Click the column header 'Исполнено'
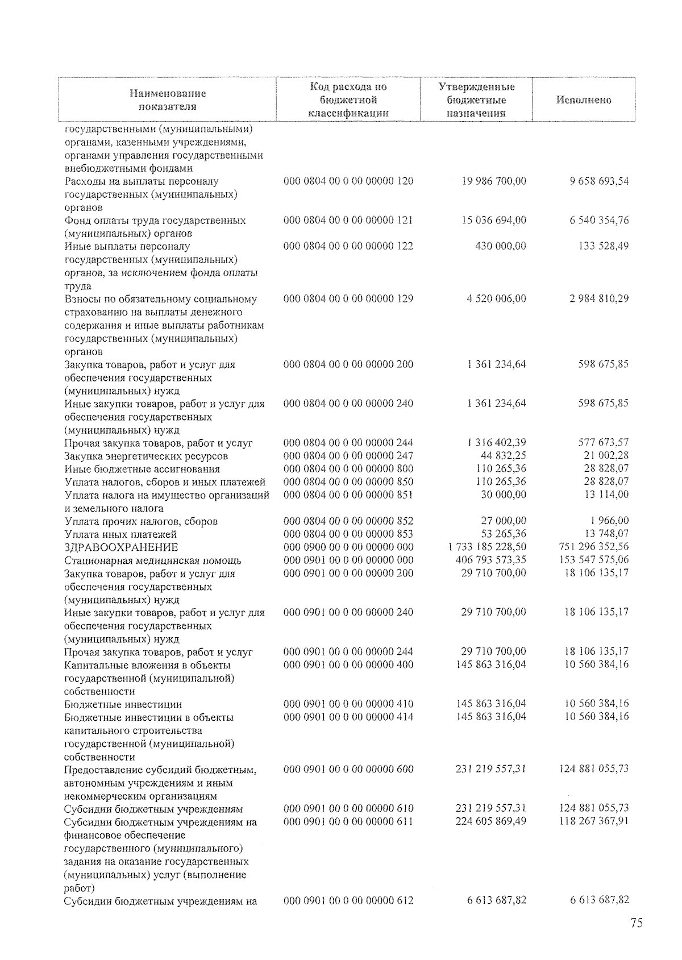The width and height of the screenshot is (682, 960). tap(584, 100)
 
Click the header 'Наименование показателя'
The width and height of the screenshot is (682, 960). tap(167, 100)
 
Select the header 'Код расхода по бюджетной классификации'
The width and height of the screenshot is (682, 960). tap(348, 100)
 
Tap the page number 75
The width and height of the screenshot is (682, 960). tap(636, 923)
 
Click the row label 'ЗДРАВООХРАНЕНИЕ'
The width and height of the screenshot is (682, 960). tap(121, 547)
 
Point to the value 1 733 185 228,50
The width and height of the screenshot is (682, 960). tap(487, 547)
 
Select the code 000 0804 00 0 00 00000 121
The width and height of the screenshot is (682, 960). tap(348, 221)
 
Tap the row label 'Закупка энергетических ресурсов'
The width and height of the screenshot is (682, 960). tap(146, 456)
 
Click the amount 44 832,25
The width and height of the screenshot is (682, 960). tap(504, 456)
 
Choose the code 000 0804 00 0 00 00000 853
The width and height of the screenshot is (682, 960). tap(348, 534)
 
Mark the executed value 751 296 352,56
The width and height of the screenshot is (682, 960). tap(594, 547)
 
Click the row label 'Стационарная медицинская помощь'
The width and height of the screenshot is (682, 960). tap(152, 560)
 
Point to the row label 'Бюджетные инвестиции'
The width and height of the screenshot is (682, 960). tap(123, 704)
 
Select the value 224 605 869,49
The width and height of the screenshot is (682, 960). tap(490, 821)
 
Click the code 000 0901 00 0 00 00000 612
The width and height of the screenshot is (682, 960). tap(348, 901)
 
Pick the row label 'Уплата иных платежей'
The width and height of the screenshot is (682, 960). tap(120, 534)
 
